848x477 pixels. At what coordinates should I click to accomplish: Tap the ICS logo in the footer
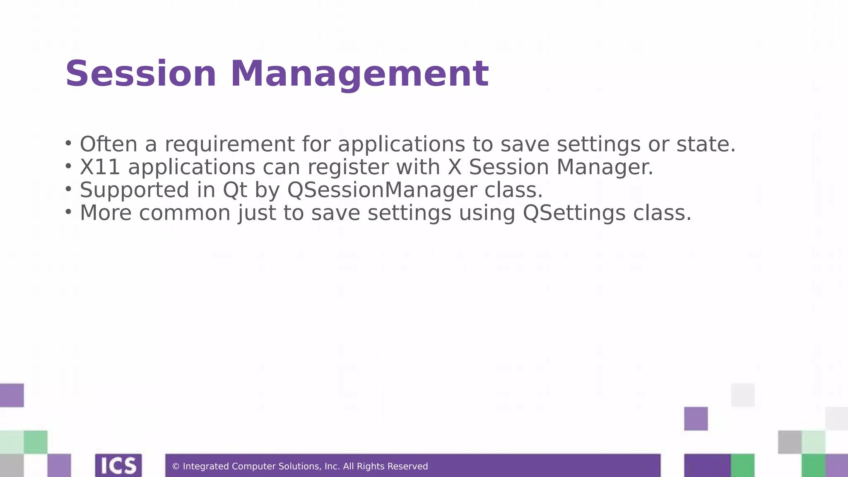click(x=118, y=465)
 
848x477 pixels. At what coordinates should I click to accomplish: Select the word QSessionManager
click(x=382, y=190)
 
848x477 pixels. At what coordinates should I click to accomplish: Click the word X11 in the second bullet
click(x=100, y=167)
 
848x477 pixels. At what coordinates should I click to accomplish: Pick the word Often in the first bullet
click(x=108, y=145)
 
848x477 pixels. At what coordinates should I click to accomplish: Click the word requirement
click(x=230, y=145)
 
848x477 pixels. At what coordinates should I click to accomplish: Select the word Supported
click(x=135, y=190)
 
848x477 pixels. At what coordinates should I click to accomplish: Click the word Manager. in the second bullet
click(x=605, y=167)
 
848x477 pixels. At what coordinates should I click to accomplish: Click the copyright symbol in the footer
click(x=176, y=467)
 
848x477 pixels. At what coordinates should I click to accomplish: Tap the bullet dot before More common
click(x=68, y=212)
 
